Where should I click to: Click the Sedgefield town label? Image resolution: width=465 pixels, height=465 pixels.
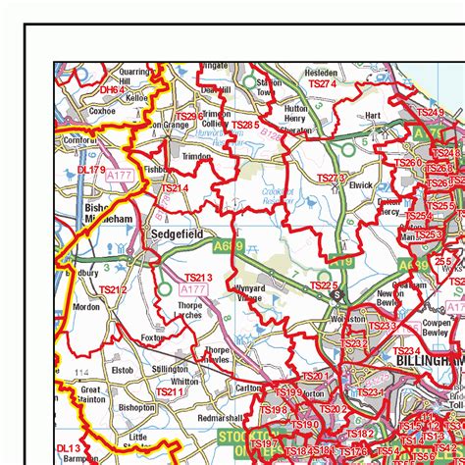point(176,235)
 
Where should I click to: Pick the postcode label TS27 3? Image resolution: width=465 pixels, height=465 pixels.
point(331,178)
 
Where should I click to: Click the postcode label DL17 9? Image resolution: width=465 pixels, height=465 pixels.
point(90,170)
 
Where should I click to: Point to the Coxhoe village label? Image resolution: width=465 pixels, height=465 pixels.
point(101,112)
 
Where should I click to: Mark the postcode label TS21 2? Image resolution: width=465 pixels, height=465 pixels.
point(113,289)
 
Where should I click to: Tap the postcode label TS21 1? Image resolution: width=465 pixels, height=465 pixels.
point(170,392)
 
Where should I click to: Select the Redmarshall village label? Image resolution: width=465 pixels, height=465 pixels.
point(218,419)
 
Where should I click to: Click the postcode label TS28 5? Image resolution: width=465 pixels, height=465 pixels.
point(245,126)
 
